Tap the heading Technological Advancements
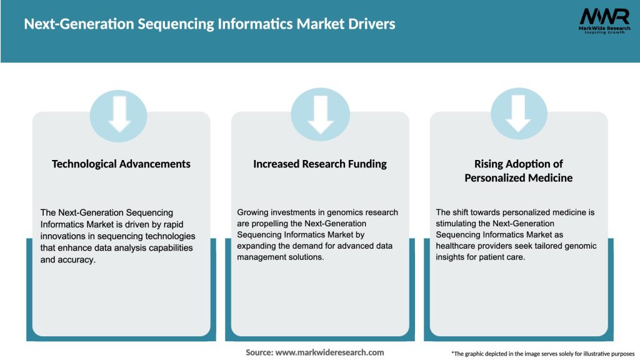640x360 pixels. (x=121, y=164)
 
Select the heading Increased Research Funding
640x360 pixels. (x=320, y=164)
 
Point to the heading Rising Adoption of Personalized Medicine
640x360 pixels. (x=518, y=171)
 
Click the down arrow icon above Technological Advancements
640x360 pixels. (x=119, y=115)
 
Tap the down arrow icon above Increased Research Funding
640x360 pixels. (x=321, y=115)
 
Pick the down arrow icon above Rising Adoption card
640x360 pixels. (x=519, y=115)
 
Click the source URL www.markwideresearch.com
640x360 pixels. (x=330, y=352)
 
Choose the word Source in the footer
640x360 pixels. (x=259, y=352)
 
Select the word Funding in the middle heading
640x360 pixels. (x=367, y=164)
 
